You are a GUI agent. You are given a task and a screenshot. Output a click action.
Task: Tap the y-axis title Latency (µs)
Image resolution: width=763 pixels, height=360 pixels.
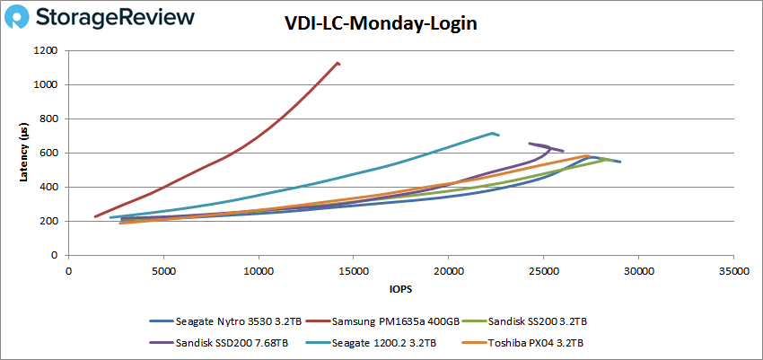pos(24,153)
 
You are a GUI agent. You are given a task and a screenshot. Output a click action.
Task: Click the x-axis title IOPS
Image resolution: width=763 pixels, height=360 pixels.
pos(399,289)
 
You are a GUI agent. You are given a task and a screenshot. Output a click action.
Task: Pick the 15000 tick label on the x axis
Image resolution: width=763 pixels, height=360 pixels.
pos(354,269)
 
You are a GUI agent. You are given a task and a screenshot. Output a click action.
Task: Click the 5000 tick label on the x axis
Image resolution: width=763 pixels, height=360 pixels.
pos(163,269)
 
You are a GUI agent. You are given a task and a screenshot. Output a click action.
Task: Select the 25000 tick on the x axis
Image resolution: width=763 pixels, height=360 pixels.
pos(543,269)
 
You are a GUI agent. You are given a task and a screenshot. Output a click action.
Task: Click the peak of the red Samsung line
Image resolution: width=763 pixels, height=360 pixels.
pos(338,63)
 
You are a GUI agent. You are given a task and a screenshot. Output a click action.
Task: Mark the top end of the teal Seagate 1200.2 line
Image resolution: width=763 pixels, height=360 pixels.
pos(493,134)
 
